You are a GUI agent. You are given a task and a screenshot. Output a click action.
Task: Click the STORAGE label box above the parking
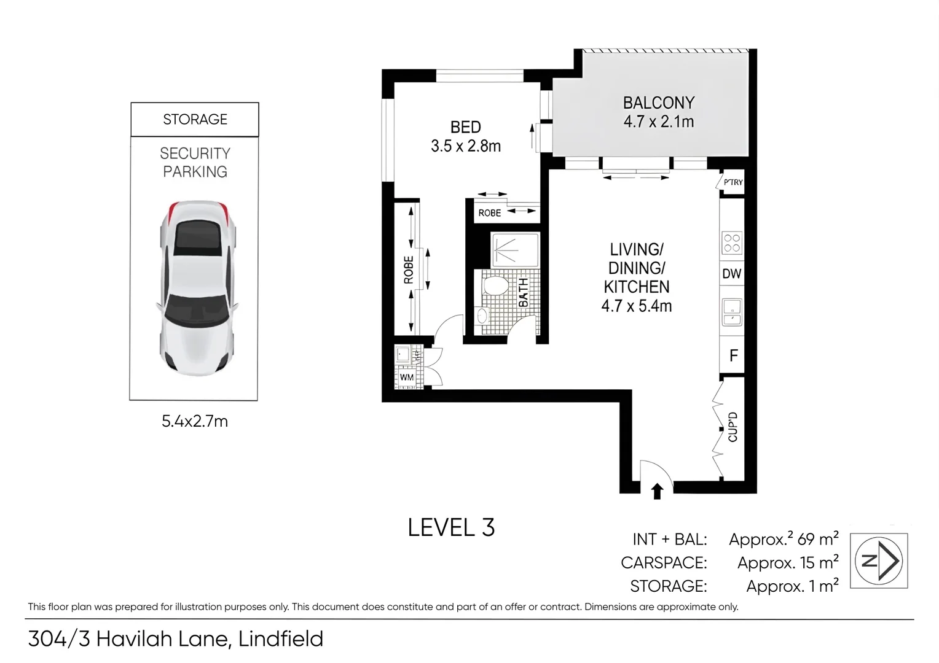195,119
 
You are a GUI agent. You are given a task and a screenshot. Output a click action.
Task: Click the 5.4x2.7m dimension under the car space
195,421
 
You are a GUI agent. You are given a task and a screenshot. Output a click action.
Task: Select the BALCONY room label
658,103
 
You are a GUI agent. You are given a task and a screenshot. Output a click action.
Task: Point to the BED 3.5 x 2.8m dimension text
466,146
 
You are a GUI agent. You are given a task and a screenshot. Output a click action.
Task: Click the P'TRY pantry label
733,182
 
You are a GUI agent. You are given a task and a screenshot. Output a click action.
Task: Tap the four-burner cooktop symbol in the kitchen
731,243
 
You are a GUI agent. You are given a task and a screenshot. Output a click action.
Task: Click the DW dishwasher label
731,274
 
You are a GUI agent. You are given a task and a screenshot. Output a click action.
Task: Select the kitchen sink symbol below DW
731,312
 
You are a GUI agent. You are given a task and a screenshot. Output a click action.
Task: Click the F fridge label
733,355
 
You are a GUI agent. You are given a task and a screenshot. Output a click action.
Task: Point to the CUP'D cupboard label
733,427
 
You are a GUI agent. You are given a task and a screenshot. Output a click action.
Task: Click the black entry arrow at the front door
657,490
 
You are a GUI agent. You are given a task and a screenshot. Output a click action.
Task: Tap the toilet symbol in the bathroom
495,287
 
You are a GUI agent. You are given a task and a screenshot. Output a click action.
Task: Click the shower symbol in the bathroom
514,249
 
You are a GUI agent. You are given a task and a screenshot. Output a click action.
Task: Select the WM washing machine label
406,378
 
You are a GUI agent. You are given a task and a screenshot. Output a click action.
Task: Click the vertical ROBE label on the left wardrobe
408,270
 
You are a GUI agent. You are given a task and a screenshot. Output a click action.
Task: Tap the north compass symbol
878,560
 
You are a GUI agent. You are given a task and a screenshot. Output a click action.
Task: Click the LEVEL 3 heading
451,528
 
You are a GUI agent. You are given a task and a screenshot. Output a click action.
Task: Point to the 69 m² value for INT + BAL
817,539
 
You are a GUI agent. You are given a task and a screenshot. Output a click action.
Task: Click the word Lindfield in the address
281,639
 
